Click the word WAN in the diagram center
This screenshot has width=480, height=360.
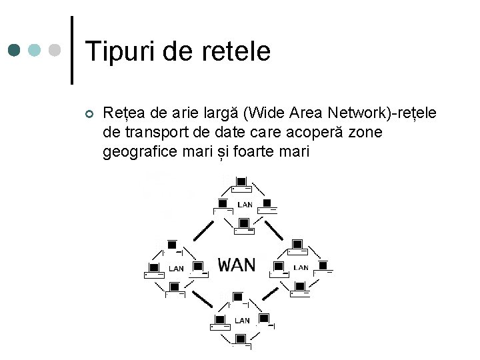click(x=237, y=265)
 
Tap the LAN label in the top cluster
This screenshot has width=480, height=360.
click(x=245, y=205)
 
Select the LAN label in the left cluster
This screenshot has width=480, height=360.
click(x=176, y=269)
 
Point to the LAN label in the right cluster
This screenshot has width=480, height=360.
click(x=301, y=267)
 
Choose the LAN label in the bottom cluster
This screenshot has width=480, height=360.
click(x=242, y=321)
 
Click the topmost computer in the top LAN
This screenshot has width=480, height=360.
click(x=241, y=181)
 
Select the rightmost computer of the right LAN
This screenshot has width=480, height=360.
click(x=325, y=266)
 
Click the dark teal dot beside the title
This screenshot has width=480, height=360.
click(x=15, y=51)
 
